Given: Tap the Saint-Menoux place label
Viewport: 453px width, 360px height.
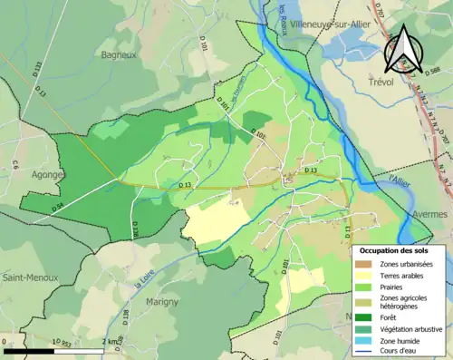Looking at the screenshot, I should [x=28, y=277].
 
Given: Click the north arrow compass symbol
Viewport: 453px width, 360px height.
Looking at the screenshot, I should [x=402, y=48].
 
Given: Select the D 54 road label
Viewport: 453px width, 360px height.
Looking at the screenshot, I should [x=56, y=208].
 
